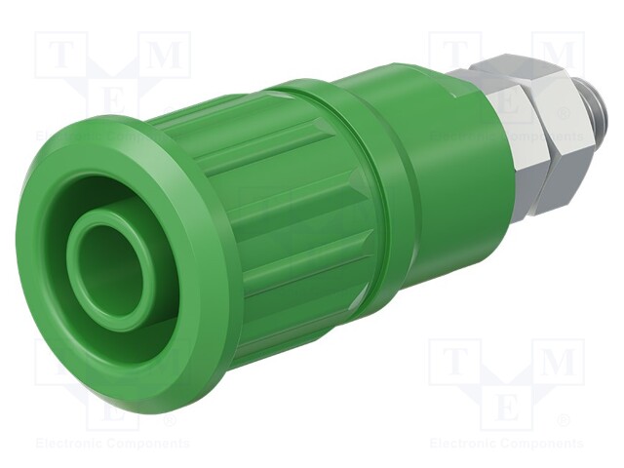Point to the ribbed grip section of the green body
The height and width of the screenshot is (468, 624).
point(283,224)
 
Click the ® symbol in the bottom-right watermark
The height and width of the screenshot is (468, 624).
point(563,422)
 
